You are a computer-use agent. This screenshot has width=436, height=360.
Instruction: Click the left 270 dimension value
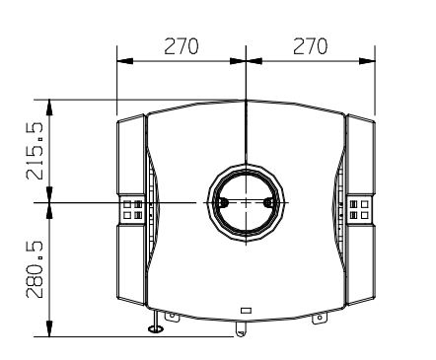click(x=182, y=46)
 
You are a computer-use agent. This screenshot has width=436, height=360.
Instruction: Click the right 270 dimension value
click(x=310, y=46)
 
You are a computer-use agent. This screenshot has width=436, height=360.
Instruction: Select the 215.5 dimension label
click(x=35, y=151)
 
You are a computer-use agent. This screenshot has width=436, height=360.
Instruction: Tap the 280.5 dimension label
click(x=35, y=269)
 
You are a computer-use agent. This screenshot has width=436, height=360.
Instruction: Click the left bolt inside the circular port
click(x=223, y=202)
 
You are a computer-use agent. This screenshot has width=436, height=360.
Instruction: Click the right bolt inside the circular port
click(x=268, y=202)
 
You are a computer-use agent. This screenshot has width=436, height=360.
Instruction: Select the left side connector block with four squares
click(x=132, y=209)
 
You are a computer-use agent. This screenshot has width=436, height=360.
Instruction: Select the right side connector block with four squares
click(x=359, y=209)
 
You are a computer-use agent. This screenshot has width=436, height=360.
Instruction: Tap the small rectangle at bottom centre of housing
click(x=247, y=310)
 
